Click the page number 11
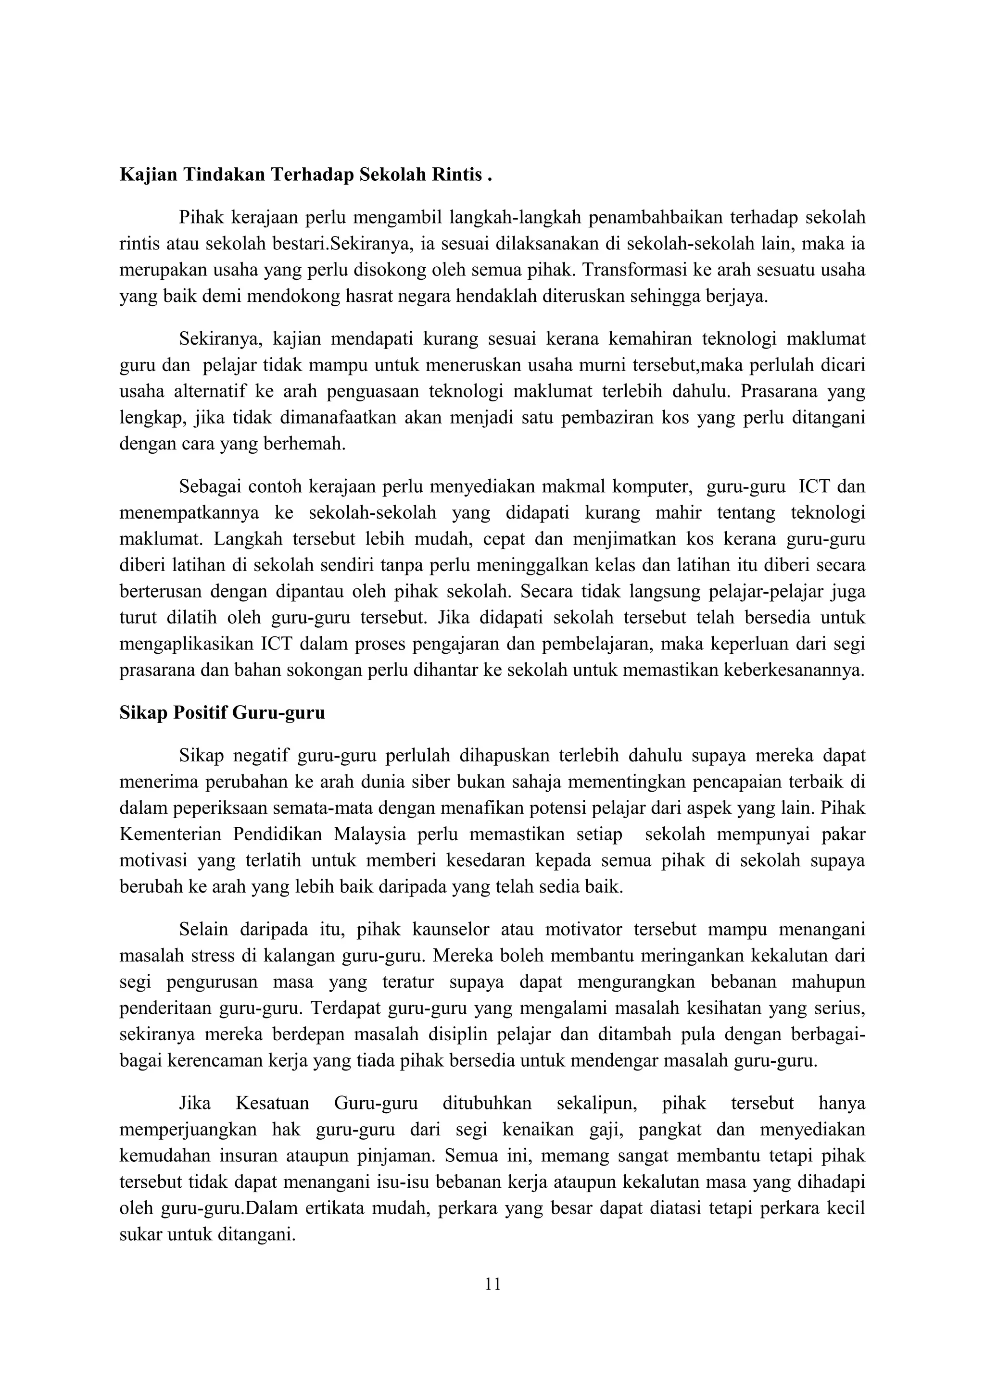pos(493,1284)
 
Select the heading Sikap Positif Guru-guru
pos(222,712)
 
